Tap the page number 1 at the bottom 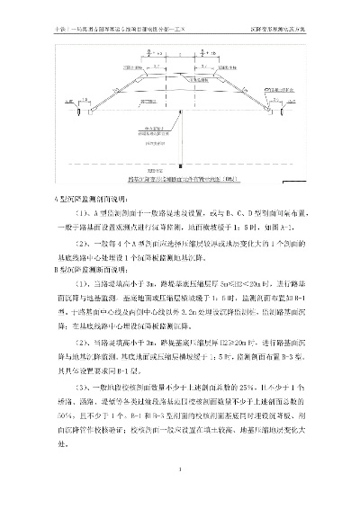pyautogui.click(x=179, y=469)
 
